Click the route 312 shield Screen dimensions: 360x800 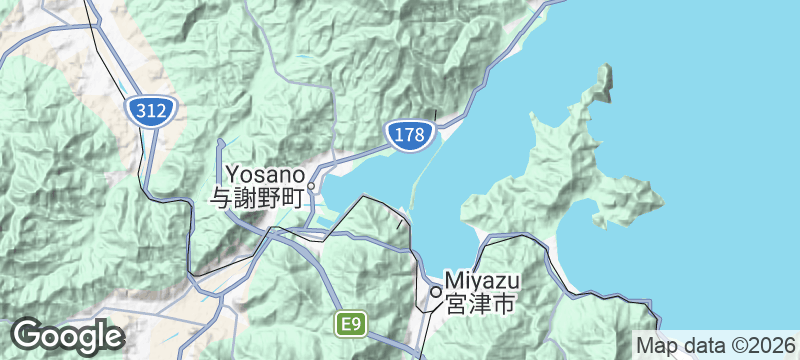click(151, 111)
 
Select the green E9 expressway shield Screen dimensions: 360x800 click(351, 324)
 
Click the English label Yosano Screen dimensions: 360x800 click(263, 173)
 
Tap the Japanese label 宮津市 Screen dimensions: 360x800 click(479, 302)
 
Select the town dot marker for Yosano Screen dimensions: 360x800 click(312, 186)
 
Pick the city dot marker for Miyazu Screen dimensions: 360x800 click(435, 291)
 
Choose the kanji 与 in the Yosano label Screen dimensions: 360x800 click(219, 198)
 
